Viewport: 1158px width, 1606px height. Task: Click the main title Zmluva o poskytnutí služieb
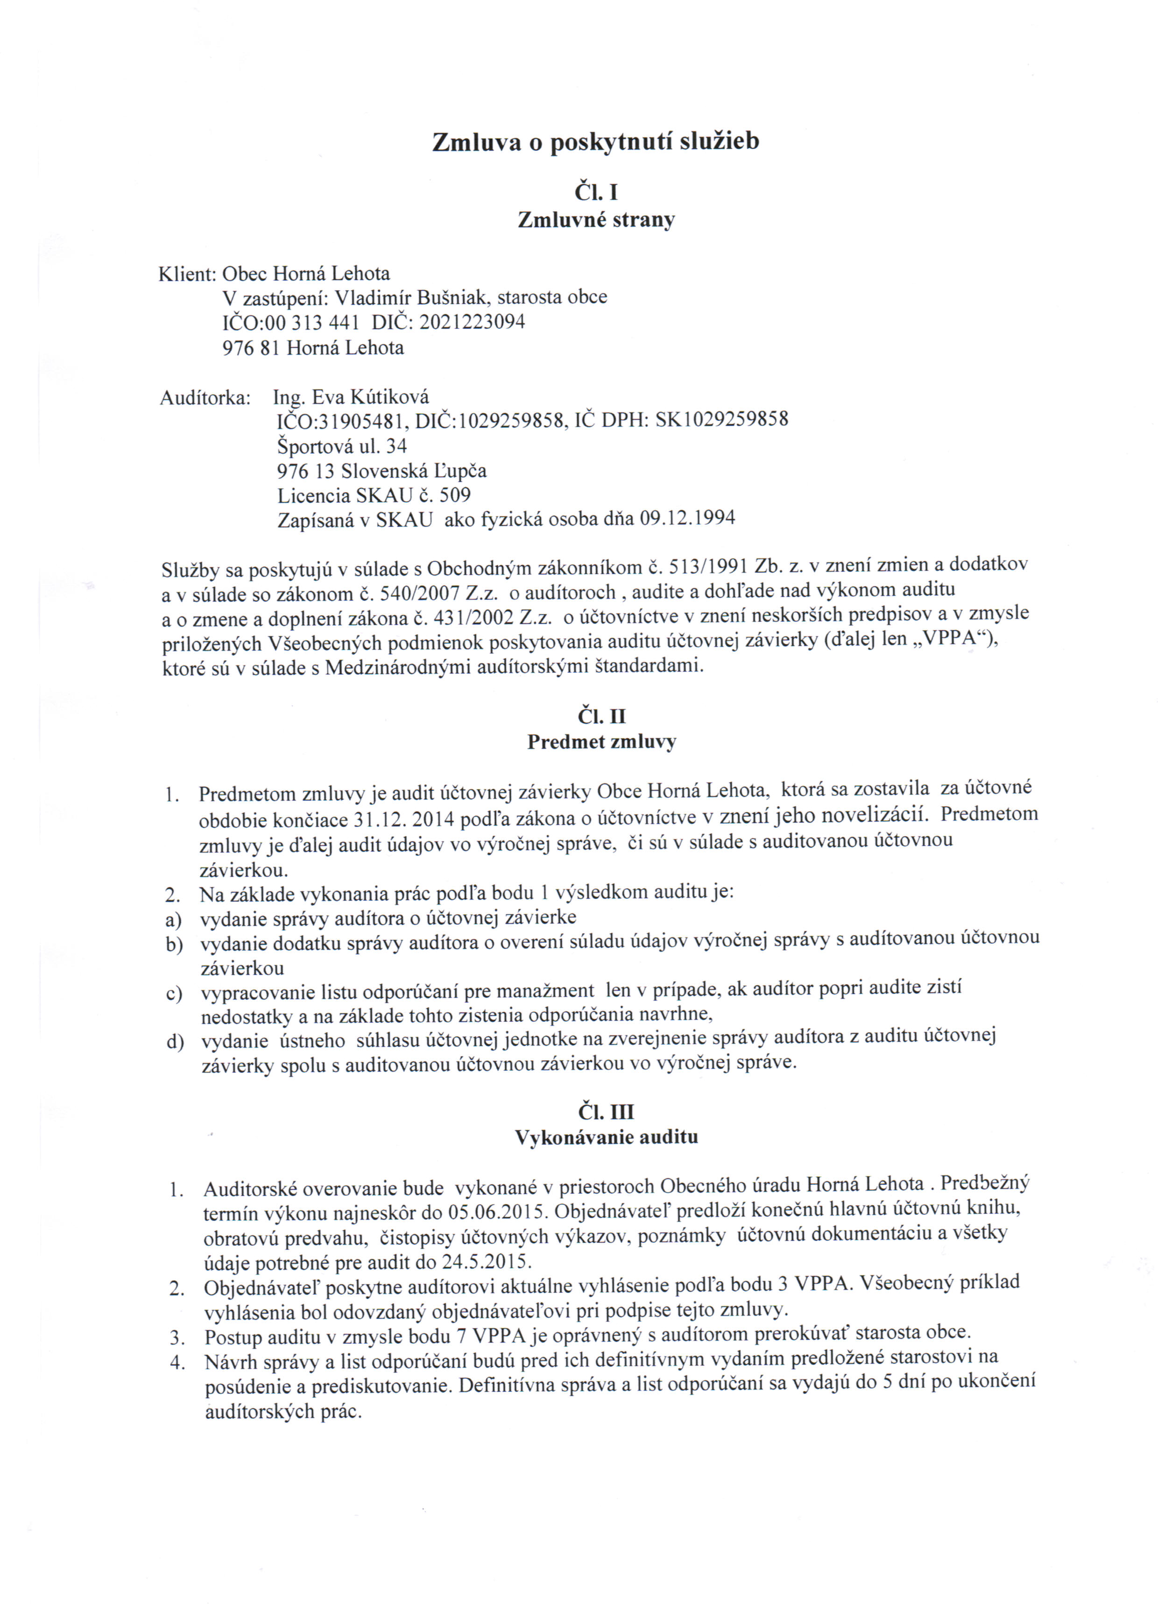[595, 142]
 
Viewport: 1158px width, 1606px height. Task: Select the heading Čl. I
[596, 193]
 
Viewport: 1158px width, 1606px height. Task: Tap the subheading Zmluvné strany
[596, 220]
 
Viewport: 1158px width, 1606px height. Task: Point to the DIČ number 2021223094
[472, 322]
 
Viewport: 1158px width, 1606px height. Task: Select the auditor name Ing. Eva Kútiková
[351, 397]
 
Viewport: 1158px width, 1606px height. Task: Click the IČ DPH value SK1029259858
[721, 419]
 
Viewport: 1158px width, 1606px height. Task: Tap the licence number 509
[455, 494]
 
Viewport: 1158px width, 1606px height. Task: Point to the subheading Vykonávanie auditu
[606, 1138]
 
